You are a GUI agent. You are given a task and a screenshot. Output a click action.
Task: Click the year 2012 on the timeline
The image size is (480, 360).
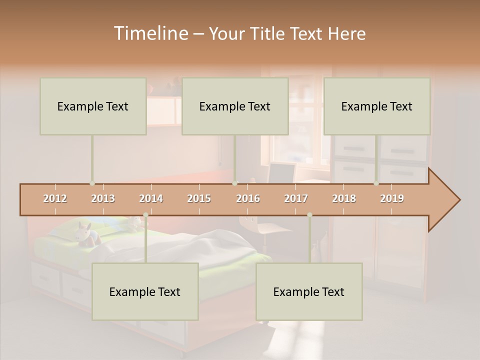point(55,198)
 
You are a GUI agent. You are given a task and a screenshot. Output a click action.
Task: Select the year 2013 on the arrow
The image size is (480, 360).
point(103,198)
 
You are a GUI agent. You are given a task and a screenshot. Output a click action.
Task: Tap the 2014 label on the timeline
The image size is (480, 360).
point(151,198)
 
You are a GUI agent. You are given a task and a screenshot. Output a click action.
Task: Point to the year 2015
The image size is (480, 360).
point(199,198)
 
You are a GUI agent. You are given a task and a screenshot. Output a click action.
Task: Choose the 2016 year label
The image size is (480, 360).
point(248,198)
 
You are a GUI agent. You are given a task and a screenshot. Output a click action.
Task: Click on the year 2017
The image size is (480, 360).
point(296,198)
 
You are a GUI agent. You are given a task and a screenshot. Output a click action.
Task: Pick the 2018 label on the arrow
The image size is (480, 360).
point(344,198)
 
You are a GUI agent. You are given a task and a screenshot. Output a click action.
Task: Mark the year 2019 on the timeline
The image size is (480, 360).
point(392,198)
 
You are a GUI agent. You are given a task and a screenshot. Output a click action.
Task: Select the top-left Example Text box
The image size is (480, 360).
point(93,106)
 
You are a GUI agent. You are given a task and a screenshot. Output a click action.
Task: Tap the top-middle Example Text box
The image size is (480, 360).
point(235,106)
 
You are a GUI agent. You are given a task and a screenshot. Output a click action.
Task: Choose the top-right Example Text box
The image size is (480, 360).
point(377,106)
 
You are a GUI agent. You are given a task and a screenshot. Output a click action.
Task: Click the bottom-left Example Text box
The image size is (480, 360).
point(145,291)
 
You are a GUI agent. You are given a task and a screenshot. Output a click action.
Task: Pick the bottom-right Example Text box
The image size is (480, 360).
point(309,291)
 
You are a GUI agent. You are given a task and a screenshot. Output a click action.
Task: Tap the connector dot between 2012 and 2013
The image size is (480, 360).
point(92,183)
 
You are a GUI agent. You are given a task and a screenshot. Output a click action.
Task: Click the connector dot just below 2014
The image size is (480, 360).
point(145,215)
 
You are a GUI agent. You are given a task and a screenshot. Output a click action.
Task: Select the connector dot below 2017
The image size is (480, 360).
point(309,215)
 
